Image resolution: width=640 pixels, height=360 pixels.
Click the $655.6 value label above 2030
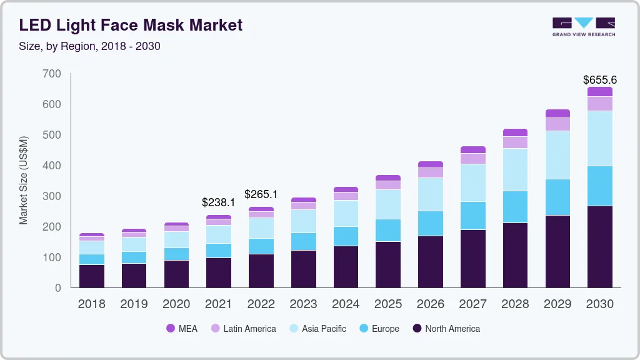599,80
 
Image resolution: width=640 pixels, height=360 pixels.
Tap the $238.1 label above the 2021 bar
218,202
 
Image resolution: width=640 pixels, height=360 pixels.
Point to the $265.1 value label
261,194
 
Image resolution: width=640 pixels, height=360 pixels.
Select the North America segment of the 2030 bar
599,247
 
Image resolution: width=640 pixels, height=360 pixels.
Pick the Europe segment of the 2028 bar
515,207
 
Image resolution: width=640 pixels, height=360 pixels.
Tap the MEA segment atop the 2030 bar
599,91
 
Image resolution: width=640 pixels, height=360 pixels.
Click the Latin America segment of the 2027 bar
472,159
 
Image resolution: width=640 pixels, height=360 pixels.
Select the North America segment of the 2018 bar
92,276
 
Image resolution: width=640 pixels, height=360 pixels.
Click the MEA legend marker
171,329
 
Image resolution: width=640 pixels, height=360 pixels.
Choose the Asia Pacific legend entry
324,329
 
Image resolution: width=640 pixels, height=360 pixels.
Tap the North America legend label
452,329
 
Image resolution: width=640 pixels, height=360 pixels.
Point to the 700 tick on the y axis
52,74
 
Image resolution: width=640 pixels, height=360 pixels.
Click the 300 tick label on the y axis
52,196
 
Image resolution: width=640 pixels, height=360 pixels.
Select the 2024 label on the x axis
346,304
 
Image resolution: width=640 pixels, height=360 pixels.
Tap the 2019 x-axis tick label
134,304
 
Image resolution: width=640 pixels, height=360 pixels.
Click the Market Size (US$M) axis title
23,180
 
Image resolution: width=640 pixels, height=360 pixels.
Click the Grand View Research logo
583,26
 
